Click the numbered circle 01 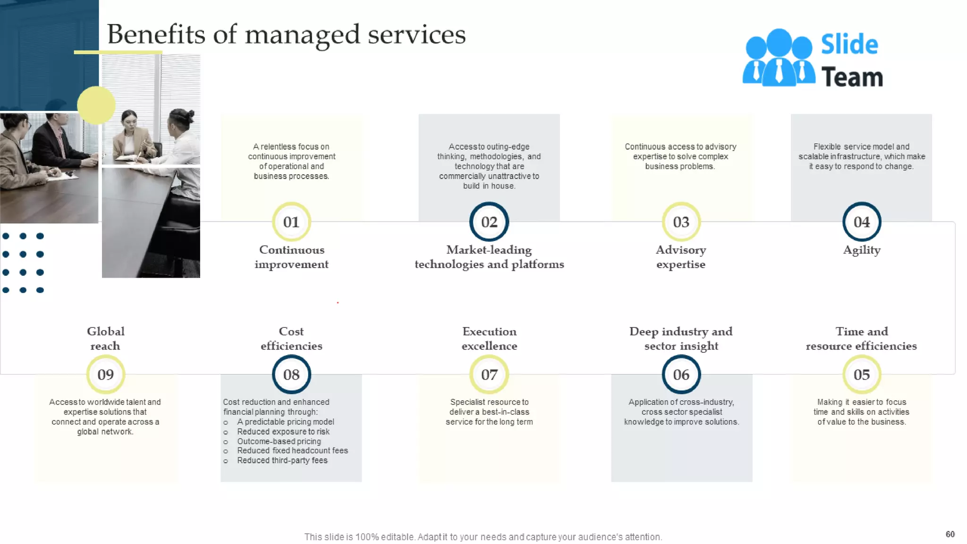291,222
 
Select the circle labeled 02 489,222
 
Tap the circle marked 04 862,222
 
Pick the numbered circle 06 681,374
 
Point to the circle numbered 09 106,374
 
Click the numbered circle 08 291,374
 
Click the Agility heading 862,250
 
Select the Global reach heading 105,339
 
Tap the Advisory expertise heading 681,257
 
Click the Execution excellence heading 489,339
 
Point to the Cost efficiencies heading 291,339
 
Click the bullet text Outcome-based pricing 279,441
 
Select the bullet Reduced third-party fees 282,460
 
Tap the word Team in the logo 852,77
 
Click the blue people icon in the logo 779,58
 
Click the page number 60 950,534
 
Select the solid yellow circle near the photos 96,105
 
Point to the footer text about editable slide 483,537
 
